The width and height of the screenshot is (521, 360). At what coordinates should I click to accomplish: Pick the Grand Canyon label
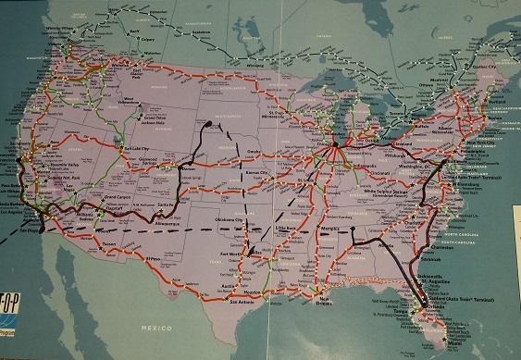[116, 198]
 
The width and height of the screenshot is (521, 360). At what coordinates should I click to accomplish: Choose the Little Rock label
[289, 225]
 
